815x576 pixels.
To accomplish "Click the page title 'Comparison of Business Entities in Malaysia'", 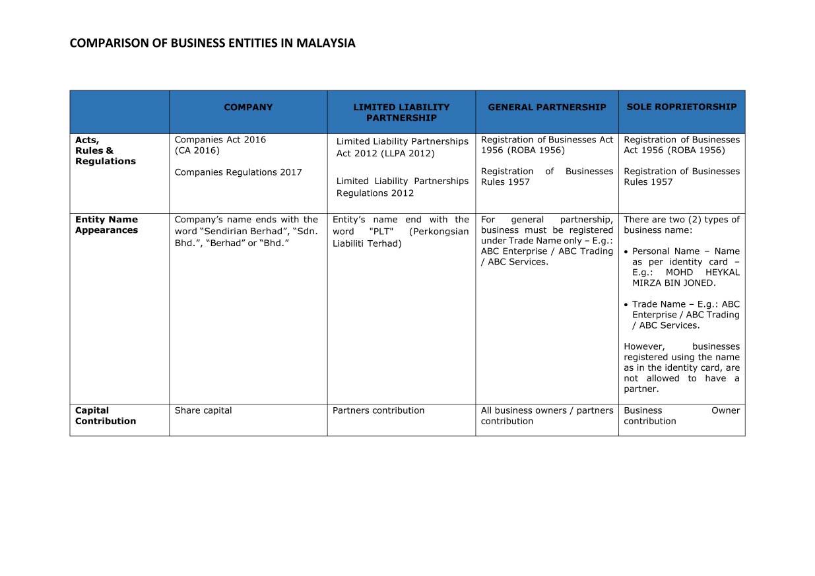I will (212, 44).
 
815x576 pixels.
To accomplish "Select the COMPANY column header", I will (248, 108).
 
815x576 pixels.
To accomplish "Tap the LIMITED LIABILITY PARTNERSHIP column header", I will (401, 112).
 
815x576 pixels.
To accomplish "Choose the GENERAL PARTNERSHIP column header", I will (546, 107).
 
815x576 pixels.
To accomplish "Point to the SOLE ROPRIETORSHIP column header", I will (681, 107).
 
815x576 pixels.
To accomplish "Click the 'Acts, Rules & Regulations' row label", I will (105, 150).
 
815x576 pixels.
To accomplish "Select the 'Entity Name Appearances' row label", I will (106, 225).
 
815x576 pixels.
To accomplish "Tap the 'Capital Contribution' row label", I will (105, 416).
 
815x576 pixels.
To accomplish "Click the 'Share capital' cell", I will (203, 410).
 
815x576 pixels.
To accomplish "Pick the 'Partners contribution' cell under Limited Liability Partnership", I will (378, 410).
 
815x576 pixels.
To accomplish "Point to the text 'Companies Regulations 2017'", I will (238, 172).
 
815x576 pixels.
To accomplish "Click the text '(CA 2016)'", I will (197, 150).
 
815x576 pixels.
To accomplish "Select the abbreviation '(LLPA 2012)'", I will (408, 154).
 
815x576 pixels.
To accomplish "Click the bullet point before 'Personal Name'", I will (626, 252).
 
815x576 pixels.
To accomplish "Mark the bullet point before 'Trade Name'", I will (626, 305).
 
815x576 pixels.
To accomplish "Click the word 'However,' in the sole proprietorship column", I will (644, 346).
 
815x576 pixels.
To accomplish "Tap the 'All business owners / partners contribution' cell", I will (546, 416).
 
